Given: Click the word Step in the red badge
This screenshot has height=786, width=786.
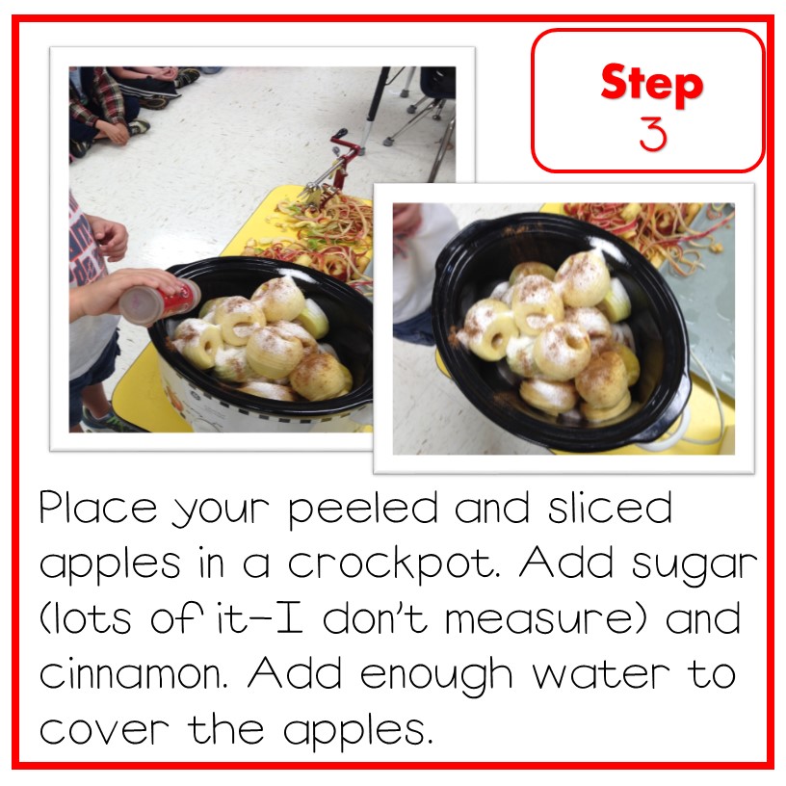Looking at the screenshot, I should point(651,85).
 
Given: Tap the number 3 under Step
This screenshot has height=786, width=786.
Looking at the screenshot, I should point(652,135).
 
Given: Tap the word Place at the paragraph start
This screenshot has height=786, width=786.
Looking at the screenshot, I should point(95,509).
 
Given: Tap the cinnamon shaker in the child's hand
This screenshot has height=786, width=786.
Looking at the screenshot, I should point(159,298).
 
